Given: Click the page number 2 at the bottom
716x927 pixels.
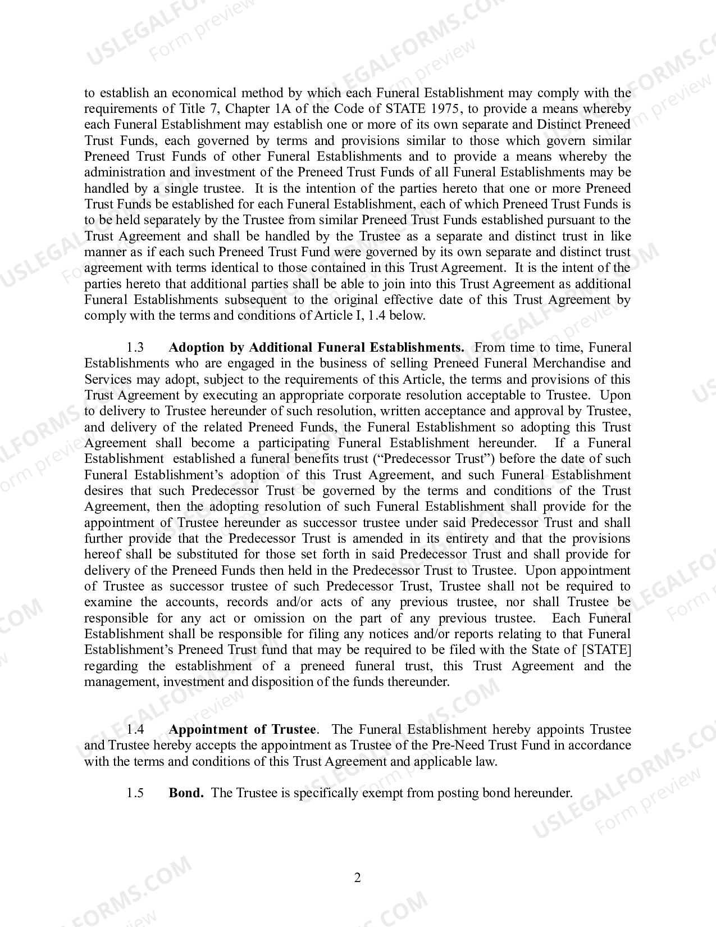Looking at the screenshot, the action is click(357, 878).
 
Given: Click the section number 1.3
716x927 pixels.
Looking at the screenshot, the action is click(135, 348).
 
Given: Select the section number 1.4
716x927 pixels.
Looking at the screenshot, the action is click(135, 730).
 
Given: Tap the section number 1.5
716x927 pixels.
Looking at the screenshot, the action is click(135, 793).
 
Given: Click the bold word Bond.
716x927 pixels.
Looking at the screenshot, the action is click(186, 793).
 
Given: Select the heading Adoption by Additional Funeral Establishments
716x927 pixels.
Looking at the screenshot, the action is click(316, 348).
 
